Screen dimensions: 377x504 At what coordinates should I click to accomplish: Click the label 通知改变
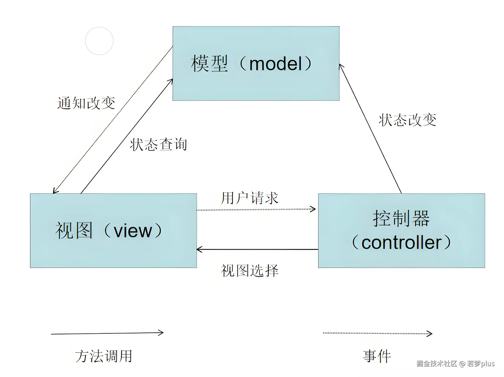pos(86,103)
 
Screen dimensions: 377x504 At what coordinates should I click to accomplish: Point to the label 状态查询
pos(158,144)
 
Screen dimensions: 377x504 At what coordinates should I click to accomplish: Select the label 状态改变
pos(407,120)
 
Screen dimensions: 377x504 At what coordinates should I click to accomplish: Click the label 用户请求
pos(250,198)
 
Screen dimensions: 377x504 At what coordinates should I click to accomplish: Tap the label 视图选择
pos(250,271)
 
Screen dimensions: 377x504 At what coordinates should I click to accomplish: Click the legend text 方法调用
pos(104,356)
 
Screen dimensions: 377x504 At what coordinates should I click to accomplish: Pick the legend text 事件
pos(377,356)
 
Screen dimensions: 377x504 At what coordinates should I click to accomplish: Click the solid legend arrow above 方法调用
pos(107,333)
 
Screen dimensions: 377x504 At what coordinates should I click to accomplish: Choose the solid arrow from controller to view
pos(257,249)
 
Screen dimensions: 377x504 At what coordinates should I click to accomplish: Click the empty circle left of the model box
pos(99,41)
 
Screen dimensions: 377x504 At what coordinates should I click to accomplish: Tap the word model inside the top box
pos(276,64)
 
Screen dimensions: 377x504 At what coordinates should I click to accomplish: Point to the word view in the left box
pos(133,231)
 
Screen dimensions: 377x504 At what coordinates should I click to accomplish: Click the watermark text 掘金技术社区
pos(437,364)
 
